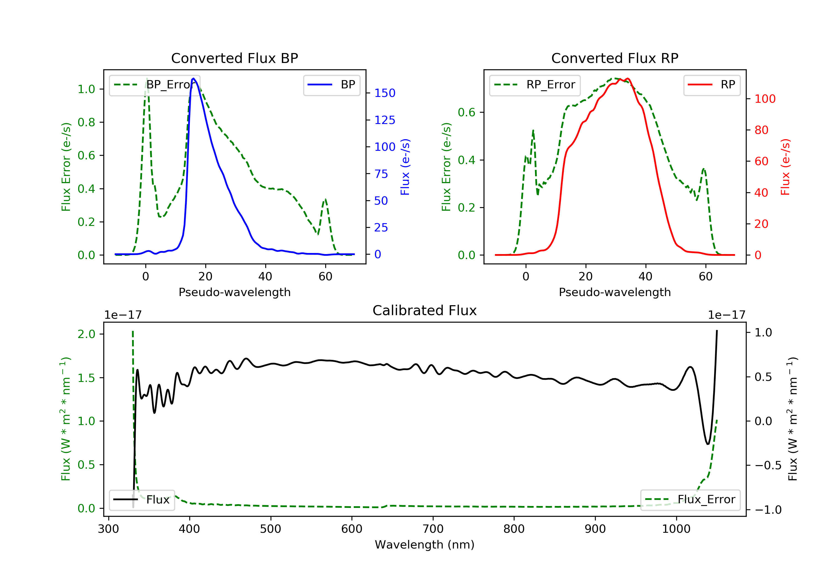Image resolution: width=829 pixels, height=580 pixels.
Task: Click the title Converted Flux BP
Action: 234,58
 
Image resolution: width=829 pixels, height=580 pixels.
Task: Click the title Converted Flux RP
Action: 615,58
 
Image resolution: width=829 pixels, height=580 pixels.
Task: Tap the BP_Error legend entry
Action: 154,85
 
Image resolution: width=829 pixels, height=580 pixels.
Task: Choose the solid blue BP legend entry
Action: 331,85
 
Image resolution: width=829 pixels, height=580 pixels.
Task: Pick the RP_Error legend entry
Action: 534,85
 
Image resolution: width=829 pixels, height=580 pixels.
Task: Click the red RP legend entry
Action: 711,85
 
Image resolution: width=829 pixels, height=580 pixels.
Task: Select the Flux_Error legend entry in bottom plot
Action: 690,500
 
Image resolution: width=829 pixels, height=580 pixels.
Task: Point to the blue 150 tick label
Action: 385,93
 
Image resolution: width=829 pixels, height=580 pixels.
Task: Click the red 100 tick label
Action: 765,99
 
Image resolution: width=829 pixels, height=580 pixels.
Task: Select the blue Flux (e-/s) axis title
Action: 405,167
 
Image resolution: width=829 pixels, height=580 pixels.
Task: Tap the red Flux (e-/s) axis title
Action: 785,167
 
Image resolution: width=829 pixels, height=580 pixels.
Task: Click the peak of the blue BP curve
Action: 193,78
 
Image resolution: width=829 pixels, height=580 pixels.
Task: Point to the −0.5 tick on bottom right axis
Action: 768,465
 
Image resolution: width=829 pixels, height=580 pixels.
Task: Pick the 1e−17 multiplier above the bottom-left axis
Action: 123,315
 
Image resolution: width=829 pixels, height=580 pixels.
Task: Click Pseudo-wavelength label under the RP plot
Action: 615,292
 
